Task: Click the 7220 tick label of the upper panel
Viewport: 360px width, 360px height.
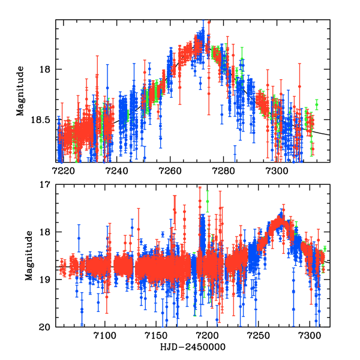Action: (64, 170)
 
